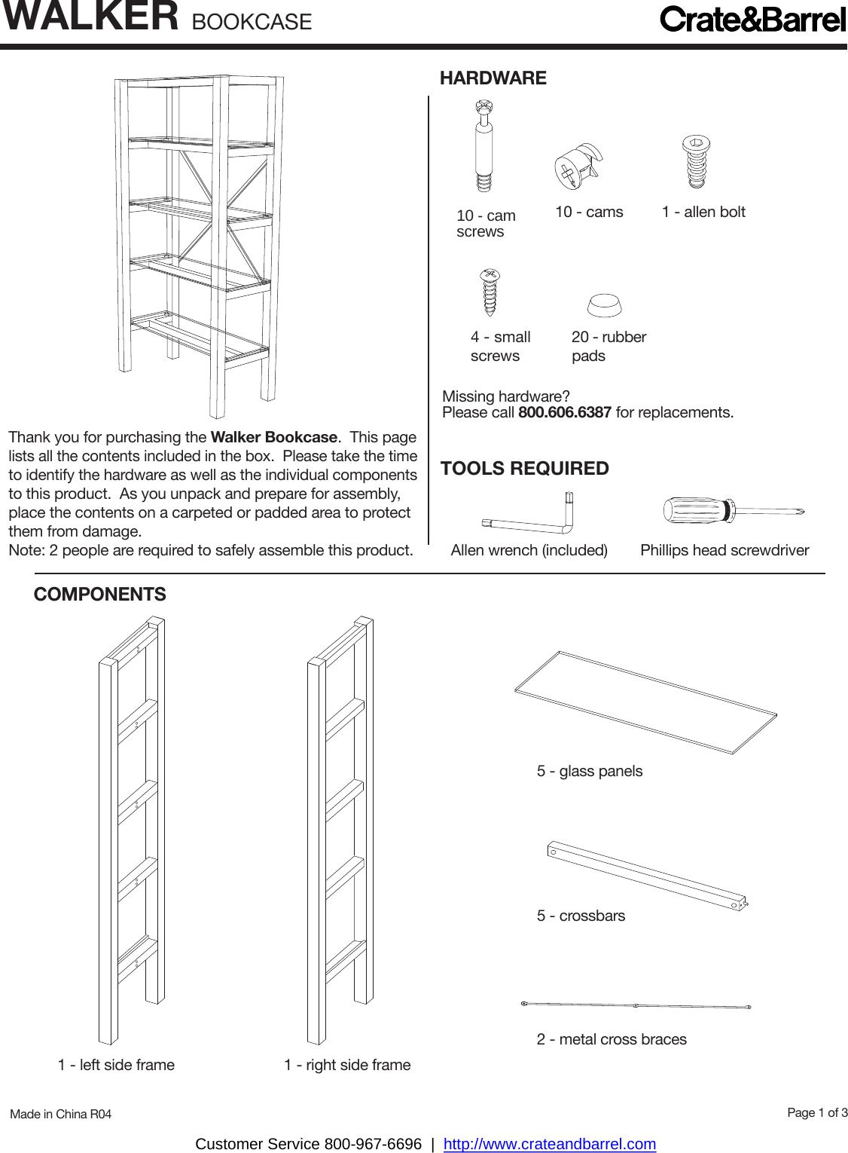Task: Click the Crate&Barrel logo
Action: (752, 20)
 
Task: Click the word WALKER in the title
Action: (91, 17)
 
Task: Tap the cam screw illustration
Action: (484, 147)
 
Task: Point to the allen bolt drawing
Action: (697, 161)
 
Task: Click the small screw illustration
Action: (490, 292)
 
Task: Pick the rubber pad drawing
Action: (605, 305)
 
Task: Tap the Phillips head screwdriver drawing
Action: (732, 511)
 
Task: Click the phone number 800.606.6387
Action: (565, 413)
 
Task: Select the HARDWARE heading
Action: (493, 78)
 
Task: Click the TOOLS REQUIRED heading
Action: (525, 469)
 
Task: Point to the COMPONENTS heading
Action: (100, 595)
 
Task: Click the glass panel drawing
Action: (646, 702)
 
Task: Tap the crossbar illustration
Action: (647, 876)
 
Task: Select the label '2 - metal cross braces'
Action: (612, 1040)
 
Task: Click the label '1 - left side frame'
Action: (116, 1066)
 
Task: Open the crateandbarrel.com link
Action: (550, 1144)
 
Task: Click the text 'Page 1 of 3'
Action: (817, 1113)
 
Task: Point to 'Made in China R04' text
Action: (61, 1115)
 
